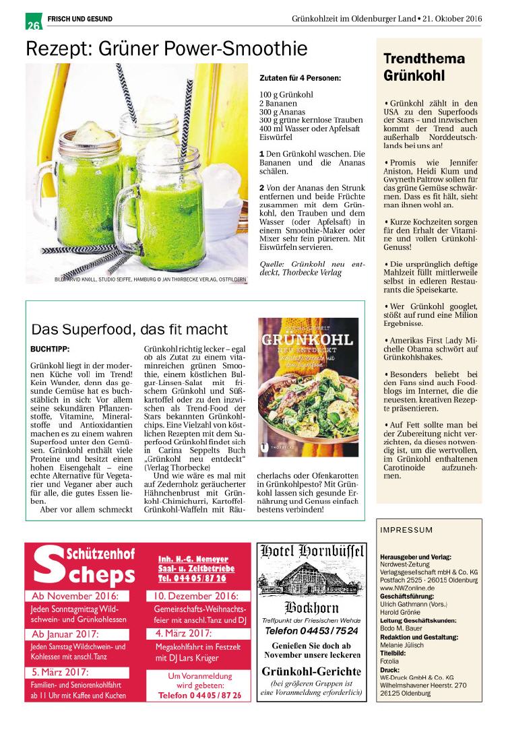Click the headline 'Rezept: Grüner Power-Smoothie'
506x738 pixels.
(x=166, y=48)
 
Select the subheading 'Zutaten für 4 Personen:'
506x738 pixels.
(x=300, y=78)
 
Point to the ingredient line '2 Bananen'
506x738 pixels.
(x=278, y=104)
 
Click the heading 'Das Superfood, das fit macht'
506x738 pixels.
(x=129, y=329)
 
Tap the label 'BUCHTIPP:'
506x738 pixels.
(x=50, y=349)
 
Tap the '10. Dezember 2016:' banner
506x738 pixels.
(x=195, y=597)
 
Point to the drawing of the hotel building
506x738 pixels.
(x=311, y=578)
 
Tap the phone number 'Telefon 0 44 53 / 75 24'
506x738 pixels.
(x=311, y=631)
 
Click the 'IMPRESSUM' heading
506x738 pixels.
(x=406, y=530)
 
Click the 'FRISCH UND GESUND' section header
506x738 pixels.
(x=80, y=19)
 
